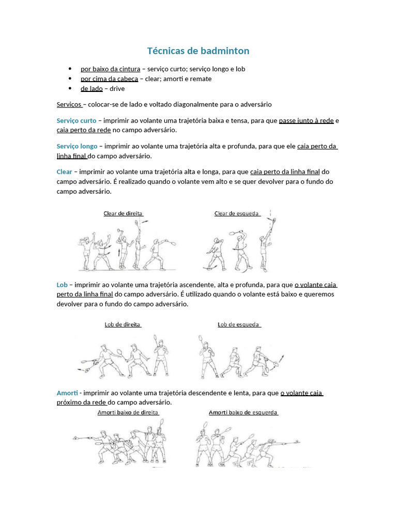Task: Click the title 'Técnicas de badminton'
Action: pyautogui.click(x=198, y=51)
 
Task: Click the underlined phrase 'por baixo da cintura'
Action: pyautogui.click(x=110, y=69)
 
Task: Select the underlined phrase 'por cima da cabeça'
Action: pyautogui.click(x=109, y=79)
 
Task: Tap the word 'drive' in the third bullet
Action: pyautogui.click(x=117, y=89)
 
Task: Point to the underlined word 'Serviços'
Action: pyautogui.click(x=69, y=104)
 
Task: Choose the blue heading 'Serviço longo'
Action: pyautogui.click(x=77, y=146)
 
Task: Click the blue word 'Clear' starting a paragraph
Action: pyautogui.click(x=65, y=172)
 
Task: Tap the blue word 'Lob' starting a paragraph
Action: pyautogui.click(x=62, y=285)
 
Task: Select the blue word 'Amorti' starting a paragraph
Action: pyautogui.click(x=67, y=393)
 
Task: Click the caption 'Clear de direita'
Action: pyautogui.click(x=123, y=213)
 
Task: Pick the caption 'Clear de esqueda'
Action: pyautogui.click(x=237, y=213)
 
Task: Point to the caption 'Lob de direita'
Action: pyautogui.click(x=123, y=324)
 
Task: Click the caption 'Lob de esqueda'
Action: pyautogui.click(x=239, y=324)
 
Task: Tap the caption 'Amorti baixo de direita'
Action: pyautogui.click(x=128, y=412)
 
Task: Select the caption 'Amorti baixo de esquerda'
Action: pyautogui.click(x=243, y=412)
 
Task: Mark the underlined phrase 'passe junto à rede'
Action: pyautogui.click(x=306, y=120)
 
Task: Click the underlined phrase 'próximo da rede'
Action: pyautogui.click(x=81, y=402)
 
